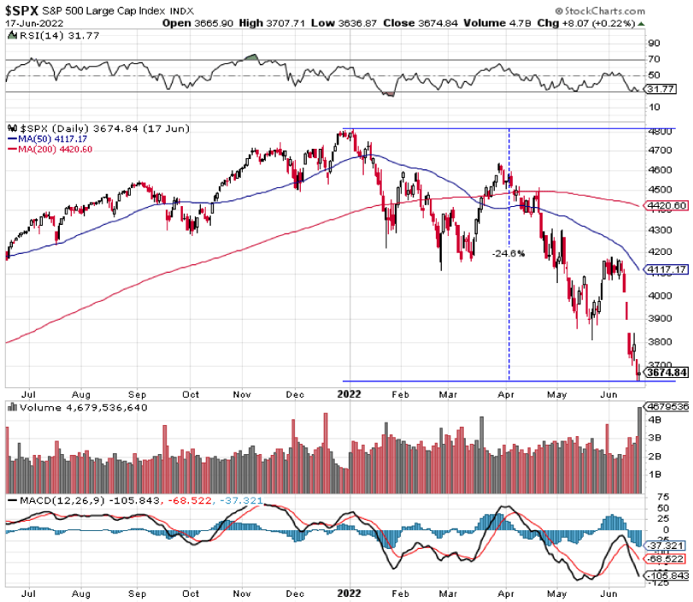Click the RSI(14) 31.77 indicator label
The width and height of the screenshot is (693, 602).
point(43,35)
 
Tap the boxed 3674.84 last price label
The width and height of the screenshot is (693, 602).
point(667,373)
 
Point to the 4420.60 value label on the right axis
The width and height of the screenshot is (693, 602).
point(667,205)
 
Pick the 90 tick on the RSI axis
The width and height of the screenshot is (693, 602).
point(655,43)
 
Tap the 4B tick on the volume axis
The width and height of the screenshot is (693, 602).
point(655,421)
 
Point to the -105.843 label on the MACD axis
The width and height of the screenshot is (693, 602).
point(667,575)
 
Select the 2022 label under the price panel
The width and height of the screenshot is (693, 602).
point(349,395)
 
